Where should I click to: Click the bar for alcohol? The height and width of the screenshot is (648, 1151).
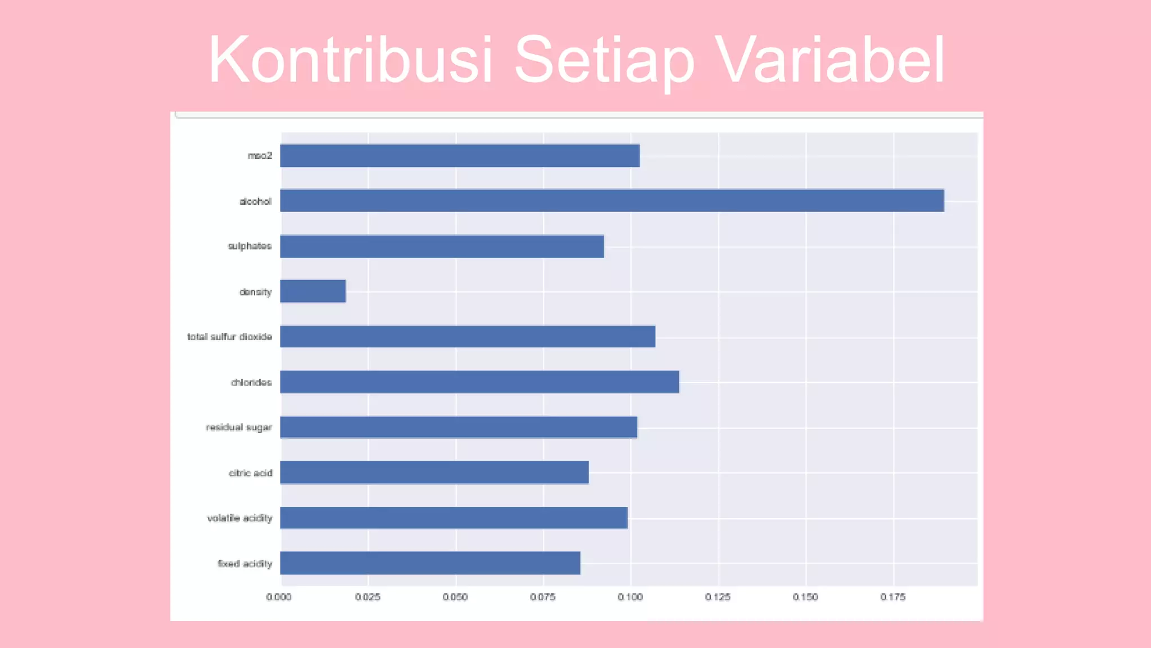611,201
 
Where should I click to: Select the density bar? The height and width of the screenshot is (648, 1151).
313,291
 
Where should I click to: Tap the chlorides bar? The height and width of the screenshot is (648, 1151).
479,382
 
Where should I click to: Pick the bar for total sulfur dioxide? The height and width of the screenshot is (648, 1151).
468,336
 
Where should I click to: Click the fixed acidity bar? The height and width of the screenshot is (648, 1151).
430,563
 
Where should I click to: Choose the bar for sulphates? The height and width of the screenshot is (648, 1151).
442,246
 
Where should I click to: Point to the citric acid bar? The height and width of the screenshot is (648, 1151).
434,472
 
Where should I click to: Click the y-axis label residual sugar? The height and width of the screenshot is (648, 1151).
239,427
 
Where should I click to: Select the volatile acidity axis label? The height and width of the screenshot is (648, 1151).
239,518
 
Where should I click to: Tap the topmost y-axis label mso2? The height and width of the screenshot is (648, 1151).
260,156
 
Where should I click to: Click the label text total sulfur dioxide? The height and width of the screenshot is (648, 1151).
229,337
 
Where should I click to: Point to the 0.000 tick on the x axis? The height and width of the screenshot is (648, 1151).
279,597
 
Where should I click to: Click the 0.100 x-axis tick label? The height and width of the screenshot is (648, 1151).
630,597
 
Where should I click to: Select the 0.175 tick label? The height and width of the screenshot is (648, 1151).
892,597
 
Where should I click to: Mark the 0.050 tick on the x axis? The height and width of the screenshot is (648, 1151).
455,597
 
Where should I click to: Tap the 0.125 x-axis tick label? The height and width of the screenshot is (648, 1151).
718,597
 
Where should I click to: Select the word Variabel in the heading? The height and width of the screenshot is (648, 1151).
832,60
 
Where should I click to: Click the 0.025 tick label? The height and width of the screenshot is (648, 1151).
368,597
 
